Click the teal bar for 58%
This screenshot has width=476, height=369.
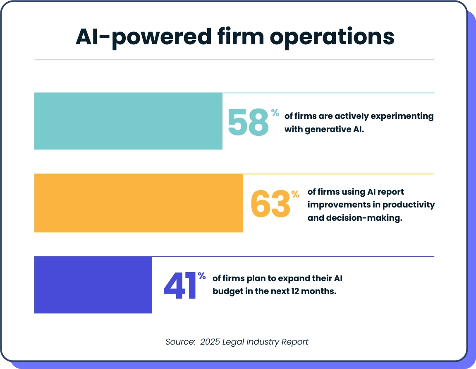128,121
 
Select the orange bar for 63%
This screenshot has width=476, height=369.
139,203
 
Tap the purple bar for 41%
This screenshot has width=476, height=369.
93,285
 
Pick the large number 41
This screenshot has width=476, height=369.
180,286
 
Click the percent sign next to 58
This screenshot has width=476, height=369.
275,113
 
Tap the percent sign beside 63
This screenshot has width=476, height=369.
295,194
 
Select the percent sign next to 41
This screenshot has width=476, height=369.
201,276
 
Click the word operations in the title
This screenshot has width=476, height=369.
332,37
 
